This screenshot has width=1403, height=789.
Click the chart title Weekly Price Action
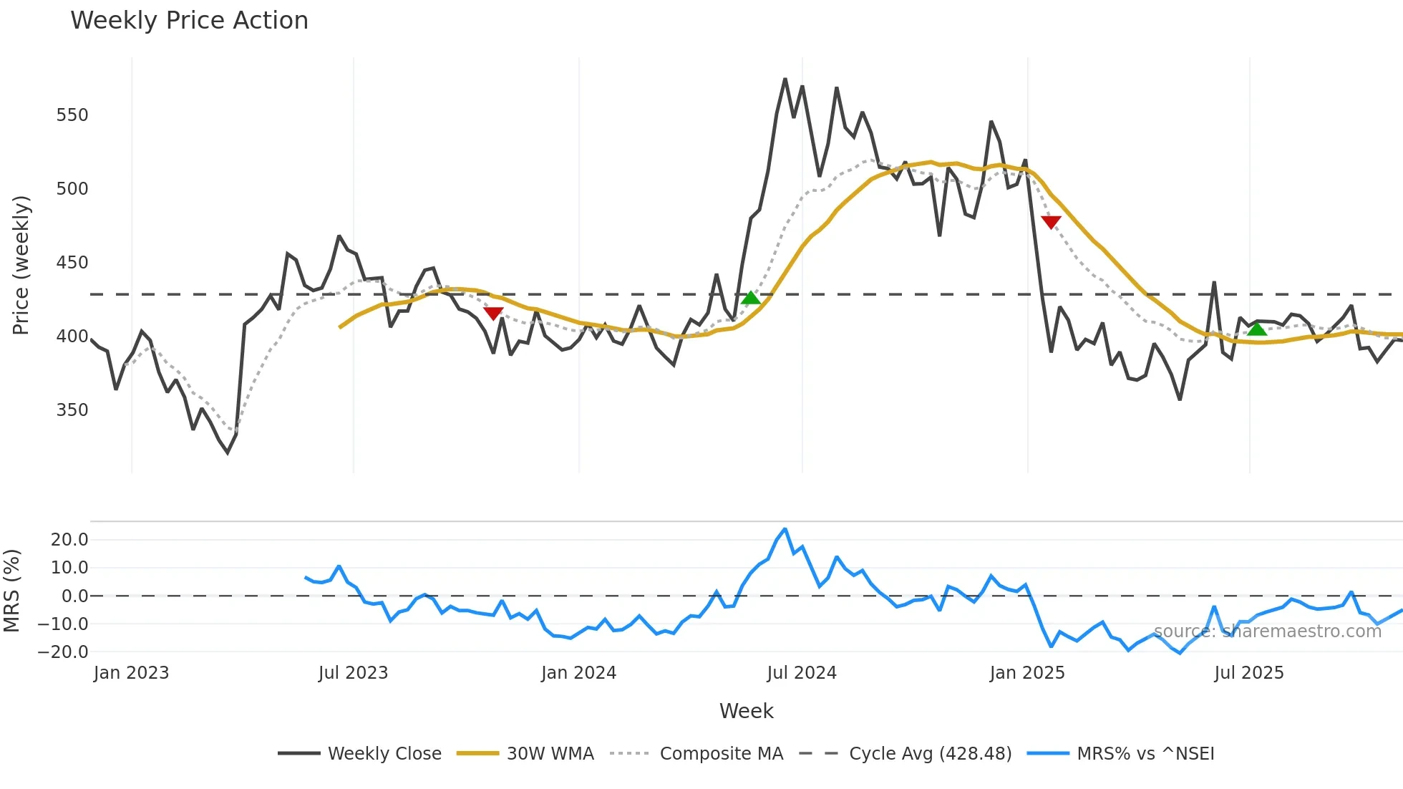[189, 21]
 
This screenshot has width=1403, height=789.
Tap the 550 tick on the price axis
[72, 115]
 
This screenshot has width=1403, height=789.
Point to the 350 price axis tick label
[72, 410]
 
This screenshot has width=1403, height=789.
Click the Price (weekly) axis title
[21, 265]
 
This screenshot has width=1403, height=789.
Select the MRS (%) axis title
[11, 591]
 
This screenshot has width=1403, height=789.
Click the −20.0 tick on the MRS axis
[63, 652]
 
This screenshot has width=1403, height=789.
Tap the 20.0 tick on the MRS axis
[69, 540]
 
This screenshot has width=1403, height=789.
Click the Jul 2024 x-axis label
[801, 673]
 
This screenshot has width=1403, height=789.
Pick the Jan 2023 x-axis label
[131, 673]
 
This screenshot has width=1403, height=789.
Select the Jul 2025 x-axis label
[1248, 673]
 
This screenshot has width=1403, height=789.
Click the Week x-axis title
[746, 711]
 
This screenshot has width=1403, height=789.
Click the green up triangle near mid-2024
[750, 298]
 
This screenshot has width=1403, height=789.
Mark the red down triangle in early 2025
[1051, 222]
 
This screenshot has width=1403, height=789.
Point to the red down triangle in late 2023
[493, 313]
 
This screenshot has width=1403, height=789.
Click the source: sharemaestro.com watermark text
[1267, 631]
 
